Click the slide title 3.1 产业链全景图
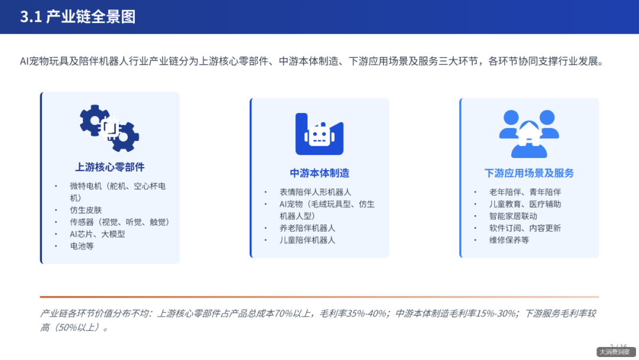click(x=78, y=17)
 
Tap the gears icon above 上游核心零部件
click(x=109, y=128)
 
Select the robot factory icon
click(x=319, y=134)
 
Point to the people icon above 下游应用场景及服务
click(x=529, y=134)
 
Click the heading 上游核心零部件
click(x=110, y=167)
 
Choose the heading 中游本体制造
click(x=319, y=173)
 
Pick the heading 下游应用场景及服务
click(x=529, y=173)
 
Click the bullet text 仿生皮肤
click(x=86, y=210)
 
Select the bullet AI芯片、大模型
click(x=98, y=234)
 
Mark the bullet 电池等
click(x=82, y=246)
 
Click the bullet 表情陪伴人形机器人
click(x=315, y=192)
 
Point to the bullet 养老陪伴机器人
click(x=307, y=228)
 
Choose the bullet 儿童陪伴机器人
click(x=307, y=240)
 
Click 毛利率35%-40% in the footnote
click(x=354, y=313)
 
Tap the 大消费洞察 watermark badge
click(x=614, y=352)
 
